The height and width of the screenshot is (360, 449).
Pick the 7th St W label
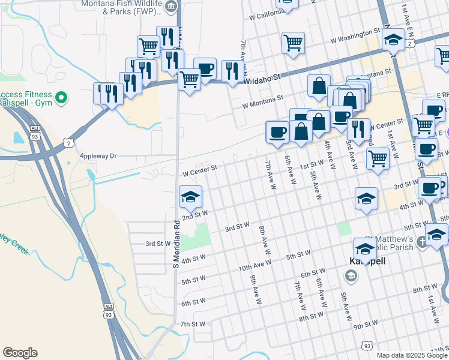(193, 324)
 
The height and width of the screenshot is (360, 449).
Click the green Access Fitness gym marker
(61, 97)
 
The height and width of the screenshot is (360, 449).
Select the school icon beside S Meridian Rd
(190, 197)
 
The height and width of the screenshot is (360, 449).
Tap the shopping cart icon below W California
(293, 42)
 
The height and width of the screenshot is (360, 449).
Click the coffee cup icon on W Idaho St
(205, 68)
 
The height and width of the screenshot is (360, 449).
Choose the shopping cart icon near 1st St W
(378, 159)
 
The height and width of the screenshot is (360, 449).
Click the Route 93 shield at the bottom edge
(367, 346)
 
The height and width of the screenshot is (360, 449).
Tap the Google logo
(20, 353)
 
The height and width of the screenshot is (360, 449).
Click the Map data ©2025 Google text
(412, 355)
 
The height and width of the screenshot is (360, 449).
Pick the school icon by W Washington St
(393, 41)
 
